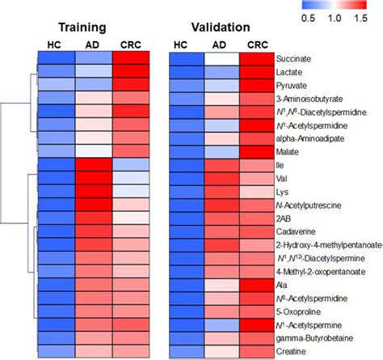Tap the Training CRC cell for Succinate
[133, 59]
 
